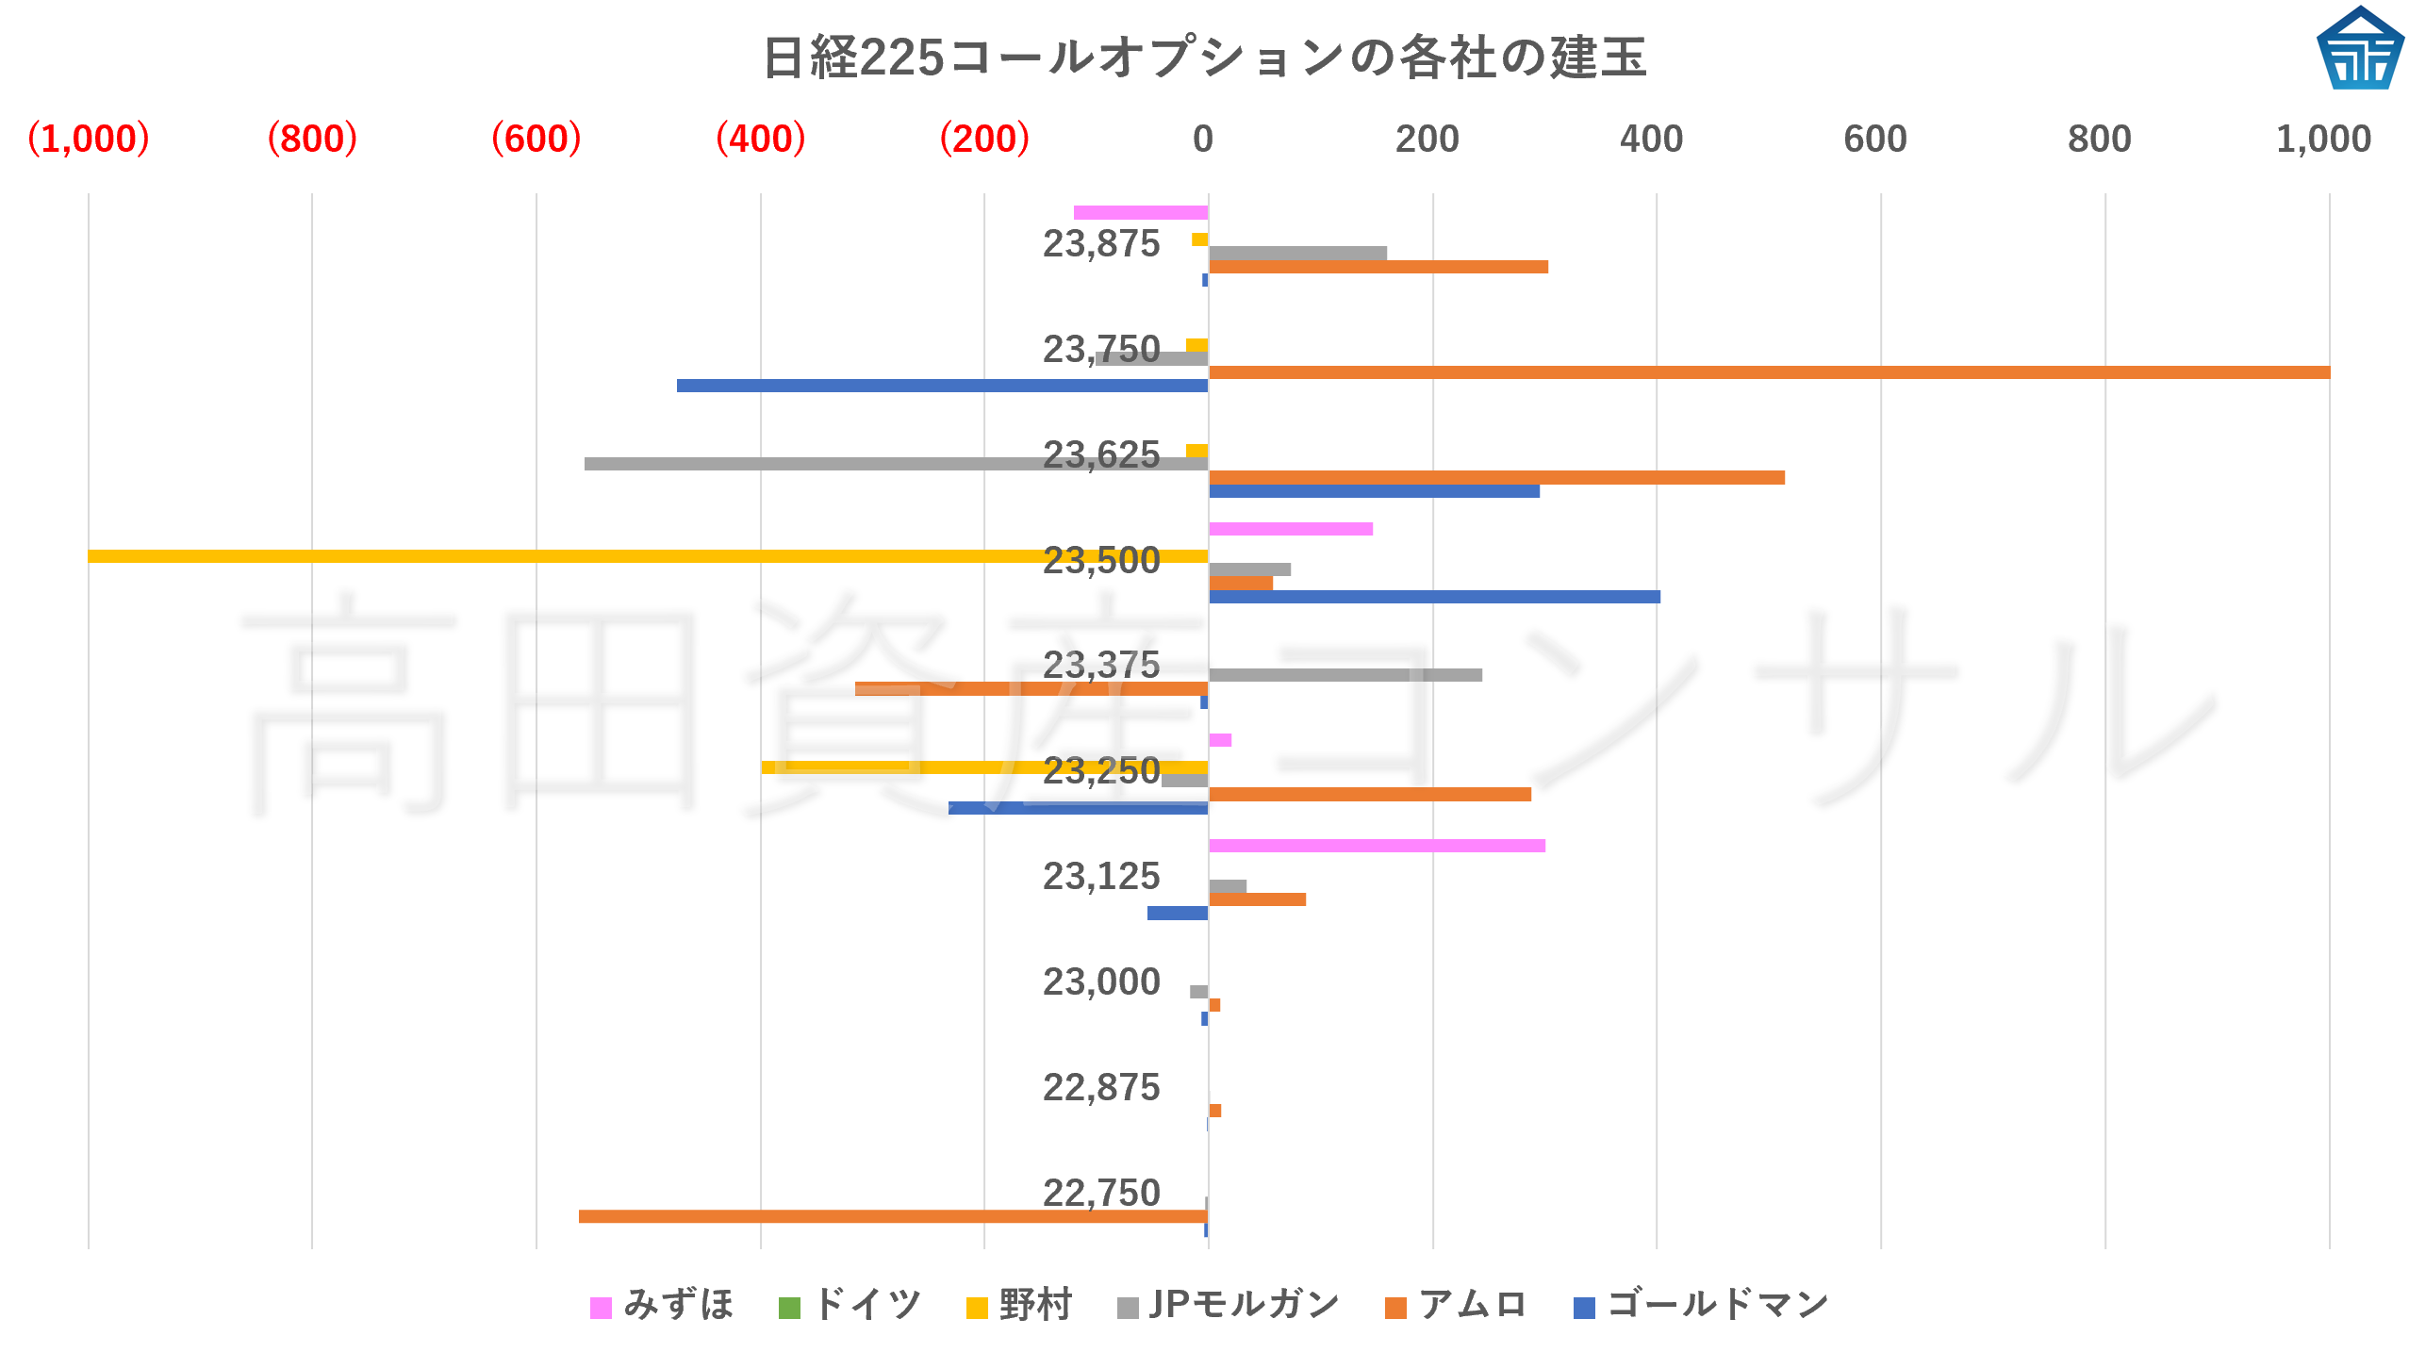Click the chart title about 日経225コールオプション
(x=1204, y=58)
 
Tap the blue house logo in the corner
(x=2359, y=49)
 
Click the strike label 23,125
(x=1100, y=877)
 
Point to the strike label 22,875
(x=1100, y=1088)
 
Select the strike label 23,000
(x=1100, y=982)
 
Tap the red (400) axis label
(x=760, y=139)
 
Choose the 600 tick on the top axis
(x=1874, y=139)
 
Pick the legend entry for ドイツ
(x=850, y=1305)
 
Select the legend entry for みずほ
(x=662, y=1305)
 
